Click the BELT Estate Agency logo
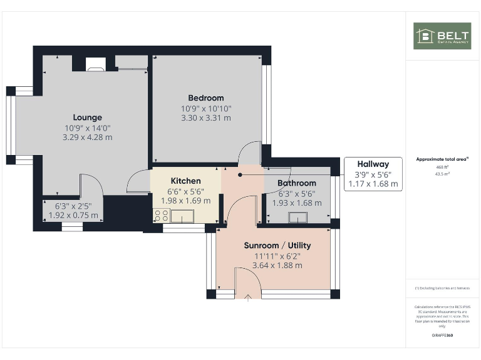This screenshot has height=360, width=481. tap(442, 36)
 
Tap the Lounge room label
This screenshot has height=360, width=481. tap(87, 117)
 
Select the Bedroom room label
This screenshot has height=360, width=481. tap(206, 98)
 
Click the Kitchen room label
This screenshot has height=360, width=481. tap(185, 181)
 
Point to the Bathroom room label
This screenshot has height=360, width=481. tap(297, 183)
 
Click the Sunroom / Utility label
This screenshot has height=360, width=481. tap(277, 246)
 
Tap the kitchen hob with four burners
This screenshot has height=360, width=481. tap(160, 216)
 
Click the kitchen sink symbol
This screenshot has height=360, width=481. tap(183, 216)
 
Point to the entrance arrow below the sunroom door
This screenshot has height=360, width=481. tap(248, 297)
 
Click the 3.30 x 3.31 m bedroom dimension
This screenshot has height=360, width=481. tap(206, 117)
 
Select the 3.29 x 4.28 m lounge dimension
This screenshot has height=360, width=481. tap(87, 137)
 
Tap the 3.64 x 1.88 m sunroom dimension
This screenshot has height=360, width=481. tap(277, 265)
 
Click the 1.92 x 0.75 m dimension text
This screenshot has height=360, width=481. tap(73, 215)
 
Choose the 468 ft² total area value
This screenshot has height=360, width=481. tap(442, 167)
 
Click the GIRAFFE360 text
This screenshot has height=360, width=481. tap(442, 336)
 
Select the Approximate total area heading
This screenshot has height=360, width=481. tap(442, 159)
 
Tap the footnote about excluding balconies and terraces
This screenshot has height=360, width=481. tap(442, 288)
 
